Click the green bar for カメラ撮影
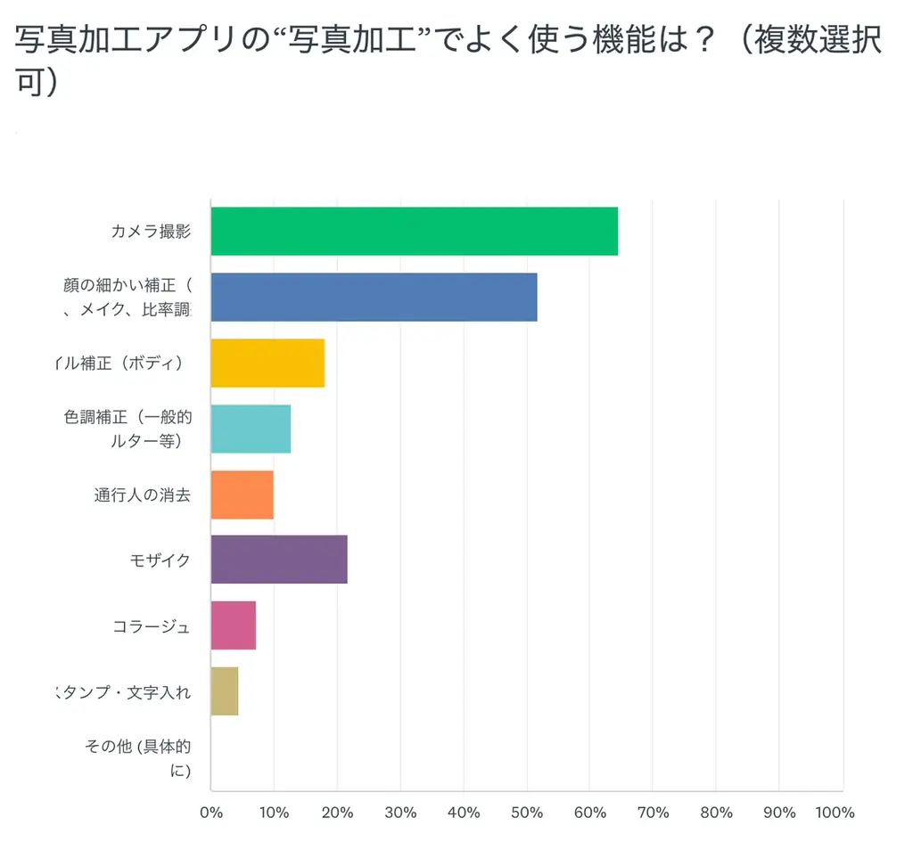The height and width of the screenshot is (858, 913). [414, 232]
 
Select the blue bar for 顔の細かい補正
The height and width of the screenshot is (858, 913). [374, 297]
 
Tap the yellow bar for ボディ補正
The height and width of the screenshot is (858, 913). [267, 363]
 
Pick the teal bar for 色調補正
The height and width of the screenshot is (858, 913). [251, 429]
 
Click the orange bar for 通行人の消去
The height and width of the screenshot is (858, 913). [242, 494]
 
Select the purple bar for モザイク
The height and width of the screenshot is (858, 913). [278, 560]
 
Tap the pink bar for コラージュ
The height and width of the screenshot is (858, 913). [233, 625]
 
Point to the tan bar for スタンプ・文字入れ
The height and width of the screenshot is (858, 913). [224, 691]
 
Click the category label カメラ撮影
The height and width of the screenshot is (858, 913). [151, 232]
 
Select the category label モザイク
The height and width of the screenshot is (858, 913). [160, 560]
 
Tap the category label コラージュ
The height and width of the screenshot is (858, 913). [151, 626]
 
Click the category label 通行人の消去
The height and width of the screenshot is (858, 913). [142, 495]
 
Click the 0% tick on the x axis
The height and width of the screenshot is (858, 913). [211, 813]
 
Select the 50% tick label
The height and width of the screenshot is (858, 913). [527, 813]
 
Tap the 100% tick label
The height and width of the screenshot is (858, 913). [835, 813]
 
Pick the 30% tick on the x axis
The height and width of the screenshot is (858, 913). [400, 813]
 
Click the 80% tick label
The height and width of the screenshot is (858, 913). [716, 813]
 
